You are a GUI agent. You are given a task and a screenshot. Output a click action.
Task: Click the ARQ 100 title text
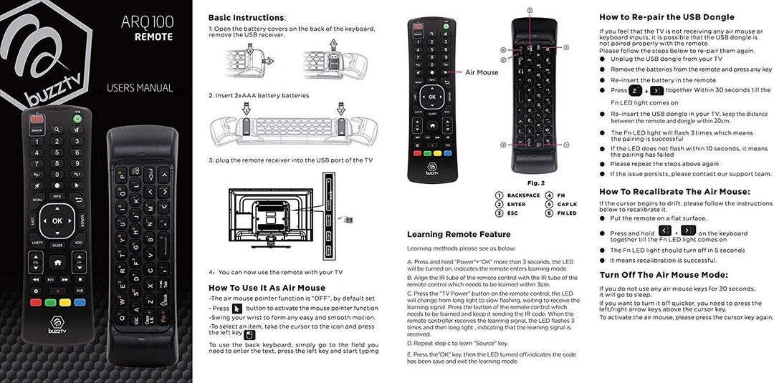click(147, 21)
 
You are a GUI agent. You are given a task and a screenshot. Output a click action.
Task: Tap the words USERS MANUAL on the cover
click(140, 88)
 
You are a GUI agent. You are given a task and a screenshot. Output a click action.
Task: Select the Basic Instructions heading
click(247, 17)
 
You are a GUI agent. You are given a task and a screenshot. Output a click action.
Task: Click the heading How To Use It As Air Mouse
click(267, 288)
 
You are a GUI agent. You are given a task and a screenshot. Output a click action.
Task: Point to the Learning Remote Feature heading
click(459, 234)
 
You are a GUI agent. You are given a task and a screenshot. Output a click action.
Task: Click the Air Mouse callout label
click(482, 72)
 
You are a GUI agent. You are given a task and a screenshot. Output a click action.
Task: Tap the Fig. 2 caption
click(536, 183)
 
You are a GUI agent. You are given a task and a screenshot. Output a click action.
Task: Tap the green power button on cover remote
click(77, 119)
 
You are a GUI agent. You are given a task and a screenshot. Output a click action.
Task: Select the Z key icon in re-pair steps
click(636, 91)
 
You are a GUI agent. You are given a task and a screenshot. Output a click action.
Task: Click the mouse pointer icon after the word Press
click(237, 308)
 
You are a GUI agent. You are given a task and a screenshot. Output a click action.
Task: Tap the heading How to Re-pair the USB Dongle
click(666, 17)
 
